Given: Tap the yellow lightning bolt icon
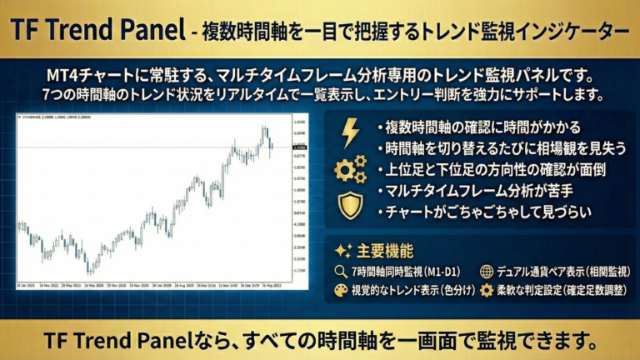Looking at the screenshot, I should tap(350, 132).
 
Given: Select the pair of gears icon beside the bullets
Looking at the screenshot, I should tap(350, 169).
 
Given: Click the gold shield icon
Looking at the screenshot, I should tap(350, 205).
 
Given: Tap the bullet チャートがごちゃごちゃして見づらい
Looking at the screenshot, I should tap(488, 212).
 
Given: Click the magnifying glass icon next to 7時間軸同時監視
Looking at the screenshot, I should tap(341, 272).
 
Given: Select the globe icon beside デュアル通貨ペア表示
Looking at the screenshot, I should tap(487, 272).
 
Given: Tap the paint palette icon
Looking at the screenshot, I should tap(341, 291).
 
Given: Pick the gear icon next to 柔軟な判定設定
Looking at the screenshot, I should tap(487, 291).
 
